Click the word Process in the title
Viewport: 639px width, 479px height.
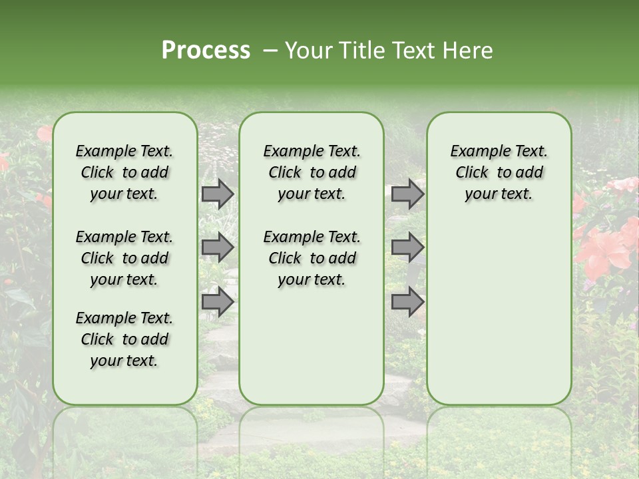tap(206, 51)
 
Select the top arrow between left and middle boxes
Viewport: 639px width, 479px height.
tap(218, 194)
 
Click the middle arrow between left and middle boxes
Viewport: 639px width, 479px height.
tap(218, 247)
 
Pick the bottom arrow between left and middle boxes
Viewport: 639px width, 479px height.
tap(218, 302)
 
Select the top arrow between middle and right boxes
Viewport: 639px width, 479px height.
tap(407, 194)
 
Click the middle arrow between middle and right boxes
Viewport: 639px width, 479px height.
tap(407, 247)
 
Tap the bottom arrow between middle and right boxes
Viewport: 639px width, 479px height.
tap(407, 302)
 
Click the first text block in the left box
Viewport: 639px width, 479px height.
tap(124, 172)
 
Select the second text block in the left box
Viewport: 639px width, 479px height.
tap(124, 258)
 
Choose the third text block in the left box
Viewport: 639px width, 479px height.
tap(124, 339)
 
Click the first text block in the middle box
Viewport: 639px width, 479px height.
tap(312, 172)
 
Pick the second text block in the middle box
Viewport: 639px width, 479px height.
tap(312, 258)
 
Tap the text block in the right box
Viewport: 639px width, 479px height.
tap(499, 172)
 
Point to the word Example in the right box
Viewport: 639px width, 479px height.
tap(475, 152)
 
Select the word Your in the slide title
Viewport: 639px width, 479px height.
tap(308, 51)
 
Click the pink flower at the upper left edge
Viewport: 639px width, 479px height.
tap(44, 134)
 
